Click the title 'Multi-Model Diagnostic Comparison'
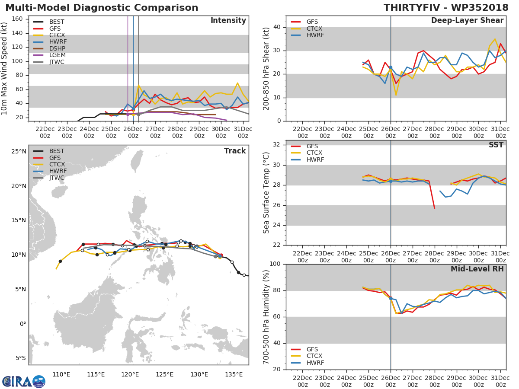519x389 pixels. click(102, 8)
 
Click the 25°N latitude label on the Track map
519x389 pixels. click(19, 152)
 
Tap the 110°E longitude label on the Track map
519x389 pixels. click(61, 374)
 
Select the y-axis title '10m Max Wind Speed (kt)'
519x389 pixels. click(5, 68)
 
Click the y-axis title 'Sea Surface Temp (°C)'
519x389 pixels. click(266, 192)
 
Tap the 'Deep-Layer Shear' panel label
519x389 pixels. click(467, 21)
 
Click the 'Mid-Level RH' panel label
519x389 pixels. click(477, 269)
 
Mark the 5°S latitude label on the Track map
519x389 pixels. click(19, 358)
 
